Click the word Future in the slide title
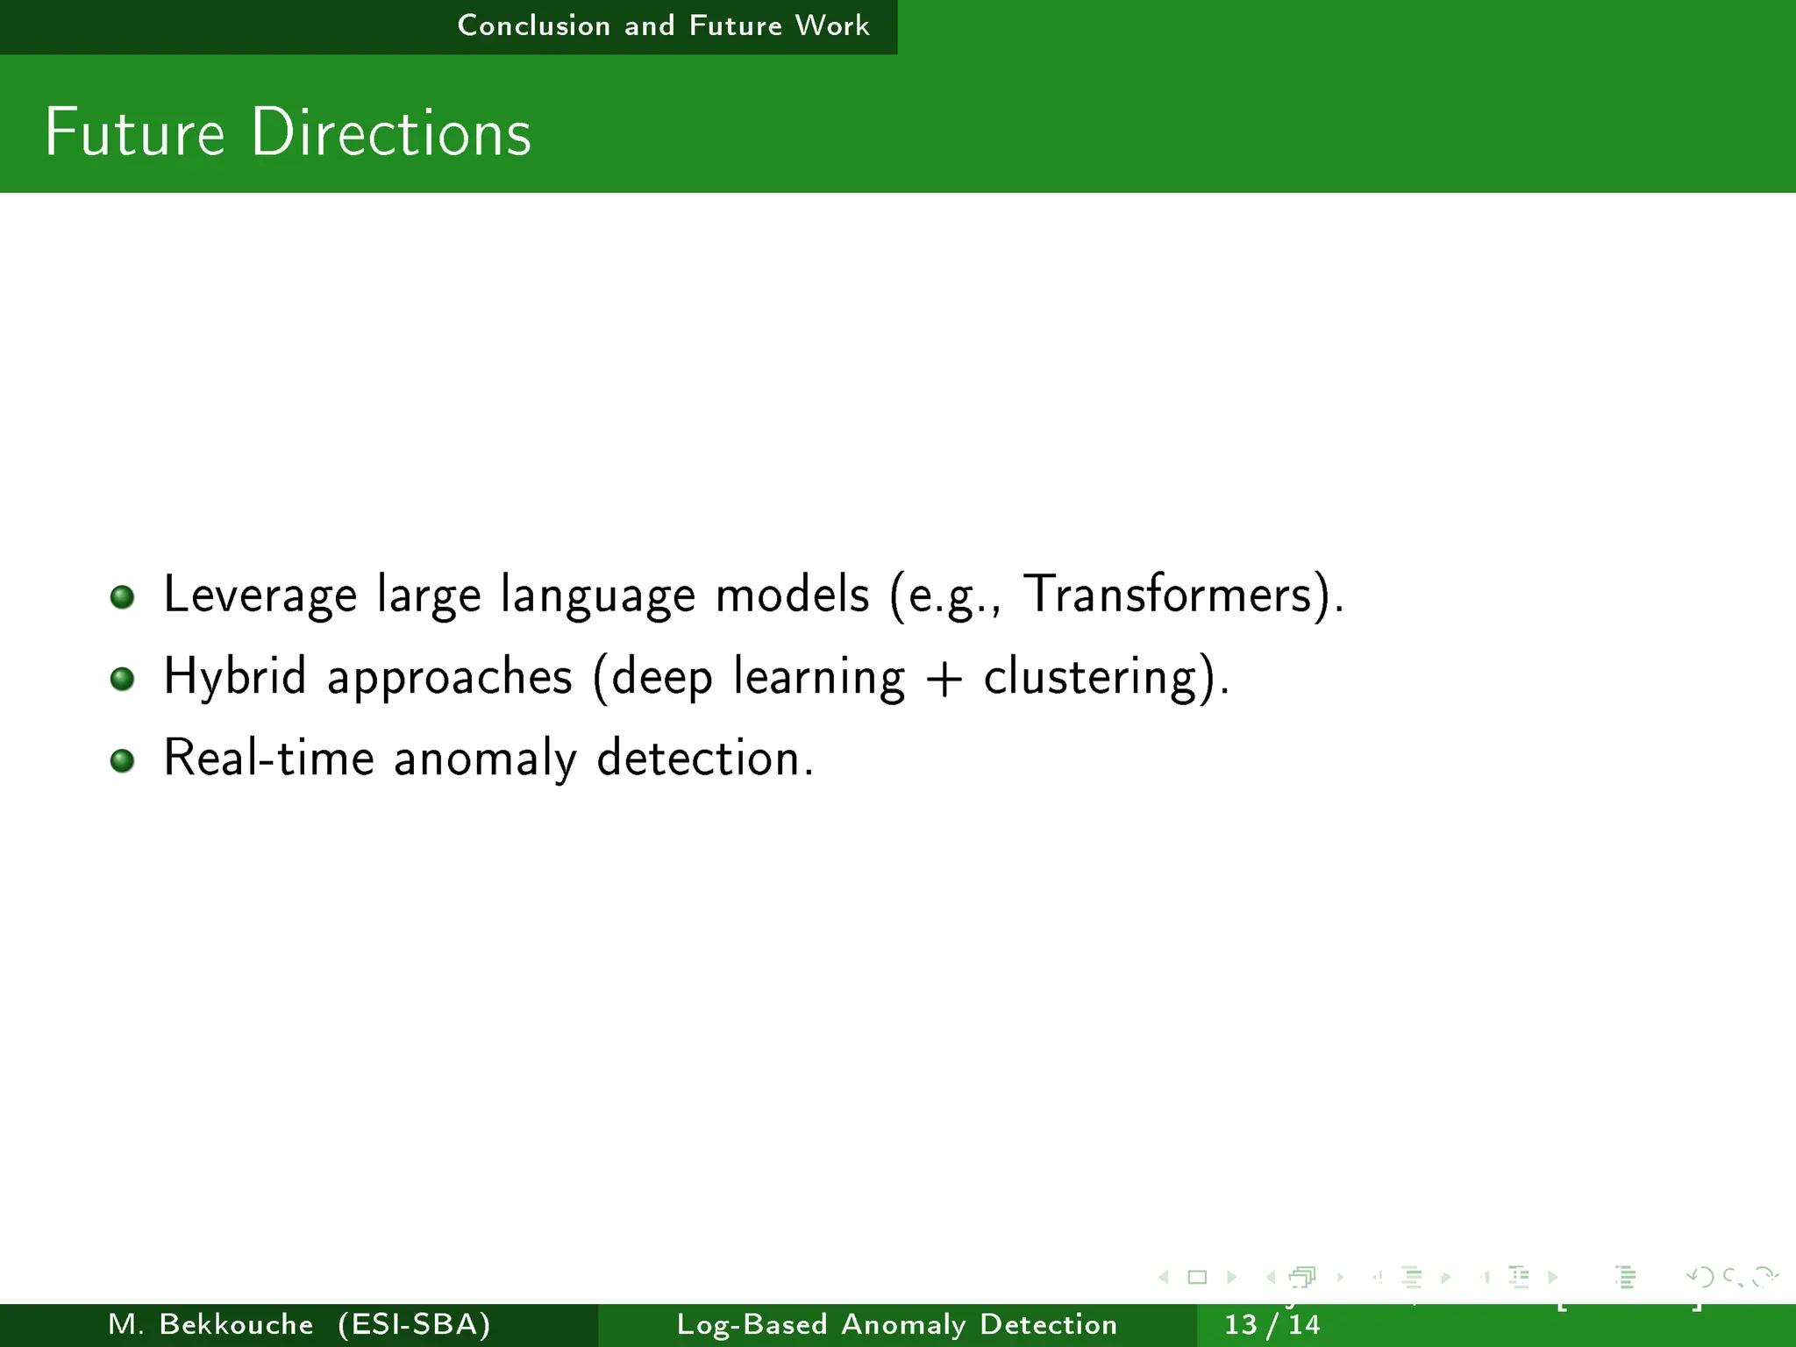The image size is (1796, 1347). pyautogui.click(x=135, y=133)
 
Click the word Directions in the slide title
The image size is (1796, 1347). pyautogui.click(x=391, y=133)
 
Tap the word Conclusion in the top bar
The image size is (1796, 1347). pyautogui.click(x=533, y=25)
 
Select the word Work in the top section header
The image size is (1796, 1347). pyautogui.click(x=831, y=25)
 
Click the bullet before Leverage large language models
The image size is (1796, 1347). pyautogui.click(x=122, y=597)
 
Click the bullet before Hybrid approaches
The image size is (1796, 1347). pyautogui.click(x=122, y=679)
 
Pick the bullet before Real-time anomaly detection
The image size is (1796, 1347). pyautogui.click(x=122, y=760)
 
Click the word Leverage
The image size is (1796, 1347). pyautogui.click(x=260, y=595)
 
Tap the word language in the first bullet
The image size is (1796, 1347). pyautogui.click(x=597, y=595)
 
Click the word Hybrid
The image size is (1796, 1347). pyautogui.click(x=235, y=677)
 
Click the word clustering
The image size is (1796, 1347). pyautogui.click(x=1090, y=677)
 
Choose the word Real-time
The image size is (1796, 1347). pyautogui.click(x=268, y=758)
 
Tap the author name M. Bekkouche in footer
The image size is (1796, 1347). pyautogui.click(x=210, y=1324)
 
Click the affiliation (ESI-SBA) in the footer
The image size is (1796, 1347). pyautogui.click(x=414, y=1324)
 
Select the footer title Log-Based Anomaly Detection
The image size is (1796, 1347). pyautogui.click(x=897, y=1324)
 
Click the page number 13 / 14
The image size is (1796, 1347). pyautogui.click(x=1272, y=1324)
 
